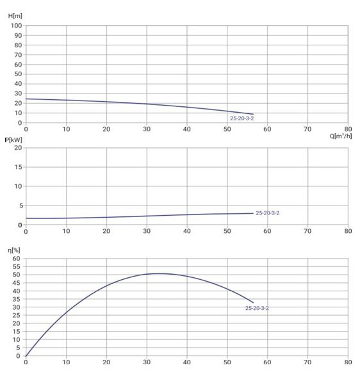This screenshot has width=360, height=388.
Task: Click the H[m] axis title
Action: point(15,16)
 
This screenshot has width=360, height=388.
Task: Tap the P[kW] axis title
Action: point(13,140)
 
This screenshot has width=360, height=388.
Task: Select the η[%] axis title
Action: point(14,250)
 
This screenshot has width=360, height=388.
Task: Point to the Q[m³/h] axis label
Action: point(341,136)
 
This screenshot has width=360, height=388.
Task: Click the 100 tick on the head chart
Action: point(17,26)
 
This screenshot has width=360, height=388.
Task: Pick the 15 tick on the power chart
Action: point(18,167)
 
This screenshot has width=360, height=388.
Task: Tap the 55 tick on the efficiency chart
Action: point(17,266)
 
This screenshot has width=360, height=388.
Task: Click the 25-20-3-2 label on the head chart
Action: point(242,118)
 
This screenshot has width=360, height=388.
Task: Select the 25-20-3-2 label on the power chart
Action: point(267,213)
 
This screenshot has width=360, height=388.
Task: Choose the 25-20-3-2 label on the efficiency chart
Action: point(257,308)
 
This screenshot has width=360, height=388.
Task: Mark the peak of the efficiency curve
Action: point(160,273)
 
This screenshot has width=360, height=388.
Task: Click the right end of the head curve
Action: point(253,114)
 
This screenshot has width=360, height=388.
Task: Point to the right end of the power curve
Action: point(253,213)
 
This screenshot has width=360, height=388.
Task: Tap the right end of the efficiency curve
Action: point(253,303)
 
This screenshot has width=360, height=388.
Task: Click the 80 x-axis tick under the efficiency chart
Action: point(348,362)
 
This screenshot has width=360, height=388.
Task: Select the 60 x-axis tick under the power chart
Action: point(267,231)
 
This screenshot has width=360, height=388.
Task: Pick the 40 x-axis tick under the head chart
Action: point(187,129)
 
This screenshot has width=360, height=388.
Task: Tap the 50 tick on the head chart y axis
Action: point(18,74)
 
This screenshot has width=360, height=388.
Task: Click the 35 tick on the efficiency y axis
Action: point(17,299)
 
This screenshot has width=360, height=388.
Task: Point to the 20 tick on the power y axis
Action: point(18,148)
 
